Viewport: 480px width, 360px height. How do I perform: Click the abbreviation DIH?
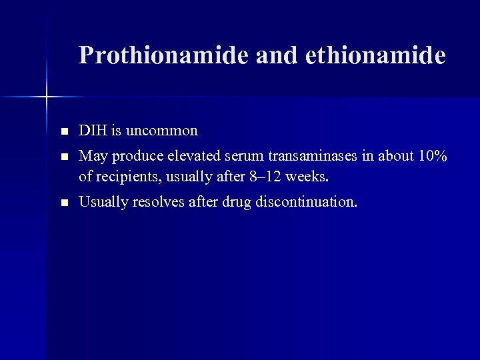point(91,131)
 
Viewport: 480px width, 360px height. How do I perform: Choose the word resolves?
point(157,202)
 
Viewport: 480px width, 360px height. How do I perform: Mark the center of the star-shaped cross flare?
point(47,97)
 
